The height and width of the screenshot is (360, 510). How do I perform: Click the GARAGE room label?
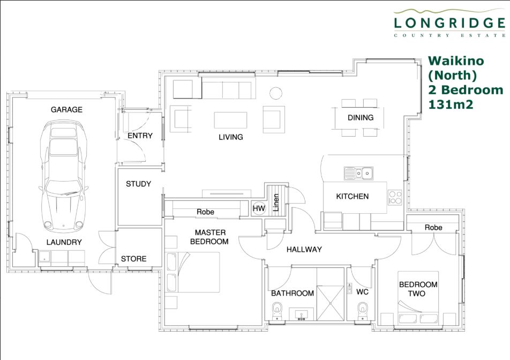66,110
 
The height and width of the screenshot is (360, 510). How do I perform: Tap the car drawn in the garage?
63,176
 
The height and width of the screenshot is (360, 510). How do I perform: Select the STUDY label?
139,184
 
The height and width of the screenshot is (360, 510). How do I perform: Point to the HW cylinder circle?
259,208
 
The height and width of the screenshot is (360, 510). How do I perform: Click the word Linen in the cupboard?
276,202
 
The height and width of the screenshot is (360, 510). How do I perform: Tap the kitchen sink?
358,174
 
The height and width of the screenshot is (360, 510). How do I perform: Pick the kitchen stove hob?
395,197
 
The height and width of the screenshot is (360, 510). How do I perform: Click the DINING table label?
361,117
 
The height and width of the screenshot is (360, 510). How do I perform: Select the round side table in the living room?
276,93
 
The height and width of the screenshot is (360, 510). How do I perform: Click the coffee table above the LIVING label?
230,121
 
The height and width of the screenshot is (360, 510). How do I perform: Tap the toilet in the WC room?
363,311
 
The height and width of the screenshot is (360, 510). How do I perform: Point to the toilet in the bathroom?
277,311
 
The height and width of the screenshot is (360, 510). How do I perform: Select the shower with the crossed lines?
331,303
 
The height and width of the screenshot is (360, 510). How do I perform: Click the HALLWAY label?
304,250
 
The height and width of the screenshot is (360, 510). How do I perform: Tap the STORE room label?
134,259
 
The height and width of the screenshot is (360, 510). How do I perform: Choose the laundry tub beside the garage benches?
44,258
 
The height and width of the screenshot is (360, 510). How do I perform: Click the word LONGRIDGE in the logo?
449,23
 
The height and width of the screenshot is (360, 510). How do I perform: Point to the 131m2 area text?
451,104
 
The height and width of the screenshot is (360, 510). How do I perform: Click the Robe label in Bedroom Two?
433,228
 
